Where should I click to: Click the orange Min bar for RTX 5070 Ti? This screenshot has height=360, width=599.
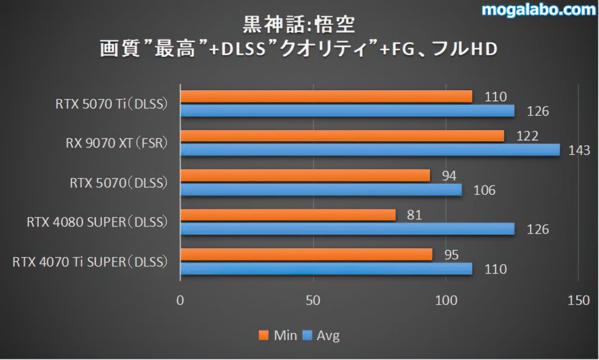pyautogui.click(x=326, y=97)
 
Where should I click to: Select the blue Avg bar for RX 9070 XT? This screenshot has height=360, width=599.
pyautogui.click(x=370, y=150)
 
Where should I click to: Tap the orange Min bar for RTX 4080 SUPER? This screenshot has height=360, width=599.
pyautogui.click(x=288, y=215)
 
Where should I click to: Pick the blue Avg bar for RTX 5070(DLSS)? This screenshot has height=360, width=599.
pyautogui.click(x=321, y=190)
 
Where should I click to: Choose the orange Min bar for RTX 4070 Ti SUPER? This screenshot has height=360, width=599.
pyautogui.click(x=306, y=255)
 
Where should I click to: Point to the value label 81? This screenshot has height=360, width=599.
pyautogui.click(x=415, y=215)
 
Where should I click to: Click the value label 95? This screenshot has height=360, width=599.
pyautogui.click(x=451, y=255)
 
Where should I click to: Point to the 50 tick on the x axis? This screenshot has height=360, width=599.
pyautogui.click(x=314, y=300)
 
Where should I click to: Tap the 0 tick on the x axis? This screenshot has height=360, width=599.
pyautogui.click(x=180, y=300)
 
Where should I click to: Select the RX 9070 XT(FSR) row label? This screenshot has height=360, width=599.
pyautogui.click(x=113, y=143)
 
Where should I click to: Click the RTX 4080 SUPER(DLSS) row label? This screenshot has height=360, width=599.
pyautogui.click(x=97, y=222)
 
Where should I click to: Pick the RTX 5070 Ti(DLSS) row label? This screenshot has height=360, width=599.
pyautogui.click(x=112, y=104)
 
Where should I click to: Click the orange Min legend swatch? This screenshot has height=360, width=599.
pyautogui.click(x=263, y=335)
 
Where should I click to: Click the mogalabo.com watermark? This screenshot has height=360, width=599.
pyautogui.click(x=538, y=9)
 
